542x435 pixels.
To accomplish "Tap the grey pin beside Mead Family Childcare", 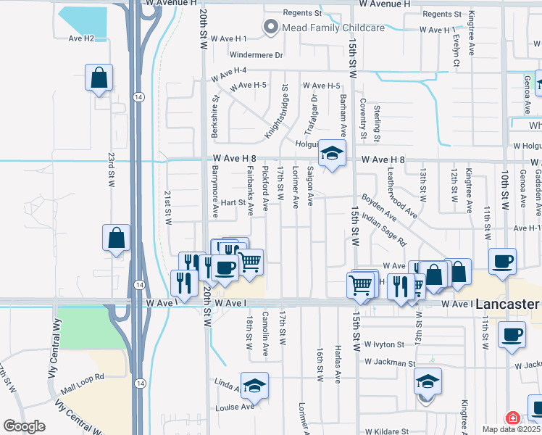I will [x=272, y=28].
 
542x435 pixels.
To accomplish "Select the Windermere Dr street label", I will [x=256, y=54].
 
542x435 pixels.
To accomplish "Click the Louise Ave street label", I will [x=235, y=407].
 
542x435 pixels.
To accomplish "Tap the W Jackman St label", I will [x=391, y=362].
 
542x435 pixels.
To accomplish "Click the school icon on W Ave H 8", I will [x=333, y=154].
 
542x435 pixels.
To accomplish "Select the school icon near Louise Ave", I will [x=254, y=386].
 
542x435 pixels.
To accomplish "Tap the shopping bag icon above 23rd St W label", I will [x=99, y=78].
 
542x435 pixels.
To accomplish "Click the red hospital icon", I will [x=512, y=418].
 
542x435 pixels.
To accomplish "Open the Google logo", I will [x=25, y=426].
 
